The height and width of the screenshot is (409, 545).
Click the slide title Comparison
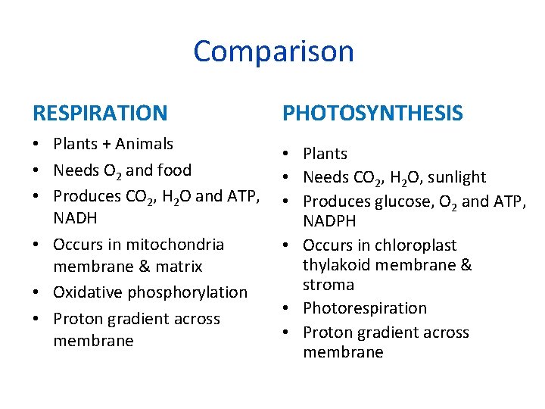tap(273, 52)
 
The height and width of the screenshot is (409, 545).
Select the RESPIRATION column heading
tap(100, 114)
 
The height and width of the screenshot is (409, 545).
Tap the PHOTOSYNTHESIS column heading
tap(372, 114)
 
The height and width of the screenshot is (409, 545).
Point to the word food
tap(173, 170)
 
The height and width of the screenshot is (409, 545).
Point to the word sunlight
tap(456, 177)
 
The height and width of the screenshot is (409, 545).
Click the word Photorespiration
tap(365, 308)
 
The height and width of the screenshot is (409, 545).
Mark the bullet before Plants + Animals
tap(36, 144)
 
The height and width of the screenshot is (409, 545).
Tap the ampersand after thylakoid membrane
tap(466, 265)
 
